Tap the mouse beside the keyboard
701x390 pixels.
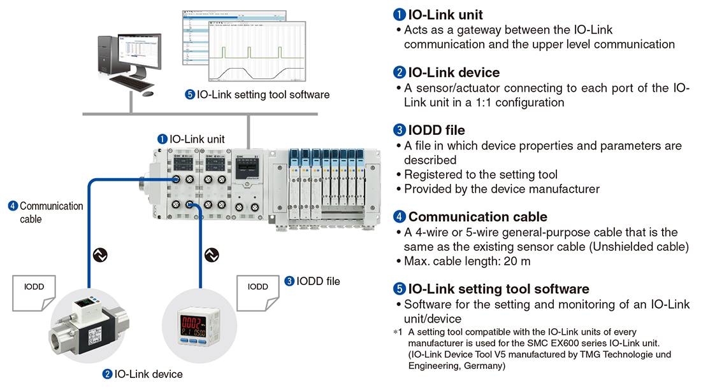click(x=148, y=94)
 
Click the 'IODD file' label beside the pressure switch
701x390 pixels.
click(x=318, y=281)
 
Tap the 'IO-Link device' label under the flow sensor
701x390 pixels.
click(x=148, y=374)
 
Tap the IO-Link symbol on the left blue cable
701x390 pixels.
click(x=99, y=255)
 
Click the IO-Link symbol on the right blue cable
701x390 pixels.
click(x=212, y=255)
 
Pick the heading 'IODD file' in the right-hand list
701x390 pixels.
click(x=437, y=130)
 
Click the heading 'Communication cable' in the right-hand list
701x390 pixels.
click(x=477, y=216)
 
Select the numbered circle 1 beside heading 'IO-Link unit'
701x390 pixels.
click(x=399, y=15)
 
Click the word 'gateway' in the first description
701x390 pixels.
click(x=469, y=30)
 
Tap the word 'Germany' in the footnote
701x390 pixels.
click(x=485, y=366)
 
